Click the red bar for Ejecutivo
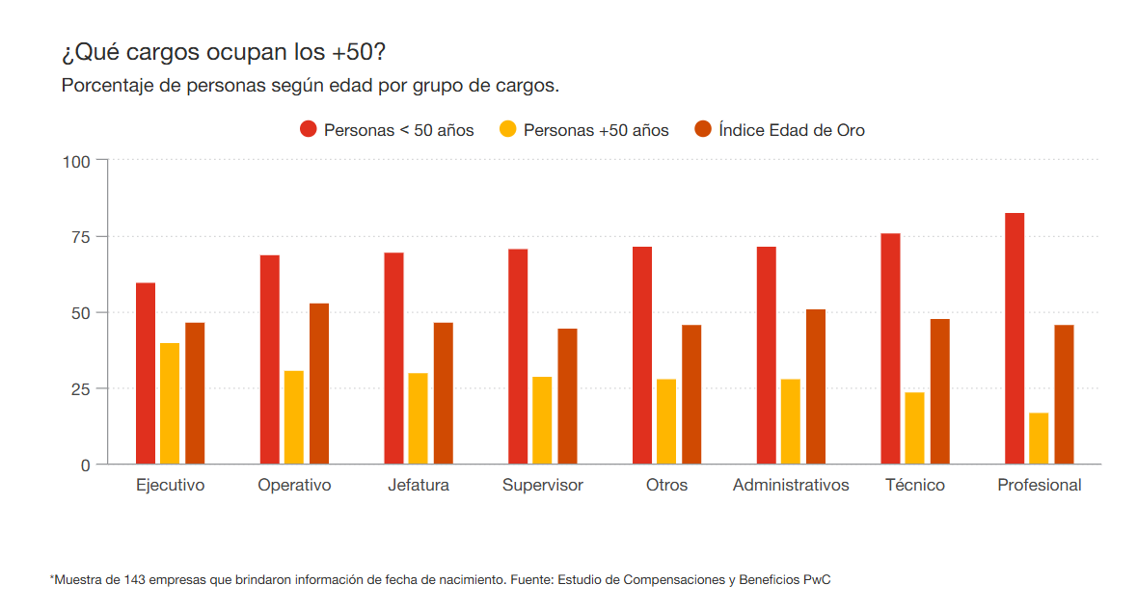(146, 373)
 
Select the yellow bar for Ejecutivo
(170, 404)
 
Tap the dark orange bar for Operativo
(319, 384)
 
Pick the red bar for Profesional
(1015, 338)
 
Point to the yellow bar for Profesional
(1039, 438)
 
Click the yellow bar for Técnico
(914, 428)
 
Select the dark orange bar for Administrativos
(816, 386)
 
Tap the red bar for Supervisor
(518, 357)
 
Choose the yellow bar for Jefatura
(418, 418)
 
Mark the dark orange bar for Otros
(691, 394)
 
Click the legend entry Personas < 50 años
(388, 130)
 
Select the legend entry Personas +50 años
(584, 130)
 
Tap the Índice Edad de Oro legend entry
(780, 130)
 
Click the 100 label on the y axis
(77, 161)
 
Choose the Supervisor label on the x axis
(542, 485)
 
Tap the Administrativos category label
(791, 485)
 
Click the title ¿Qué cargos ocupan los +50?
(223, 51)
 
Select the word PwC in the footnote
(817, 579)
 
